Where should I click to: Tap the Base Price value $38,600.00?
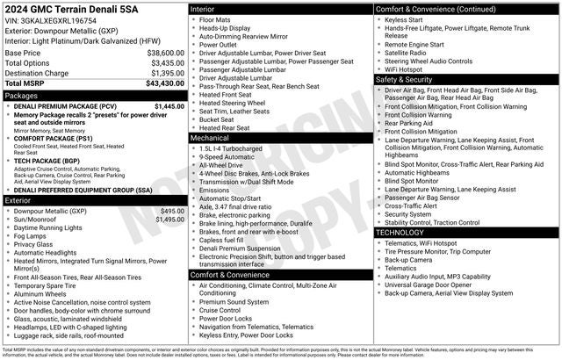coord(165,53)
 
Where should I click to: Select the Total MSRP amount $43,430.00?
coord(165,83)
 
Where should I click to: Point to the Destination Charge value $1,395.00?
coord(166,73)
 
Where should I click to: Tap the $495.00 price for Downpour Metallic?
coord(172,211)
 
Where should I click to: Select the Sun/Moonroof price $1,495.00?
coord(169,220)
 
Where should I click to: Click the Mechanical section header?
coord(209,138)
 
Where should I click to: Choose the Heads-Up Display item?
coord(227,27)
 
